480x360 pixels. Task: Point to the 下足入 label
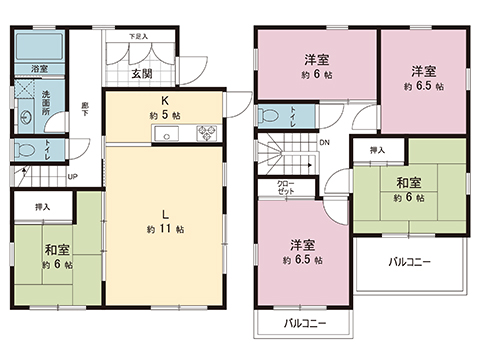coord(138,37)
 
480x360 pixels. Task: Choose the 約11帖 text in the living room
coord(162,229)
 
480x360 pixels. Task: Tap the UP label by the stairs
coord(72,178)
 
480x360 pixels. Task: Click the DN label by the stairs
coord(324,142)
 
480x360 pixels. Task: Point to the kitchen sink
coord(168,134)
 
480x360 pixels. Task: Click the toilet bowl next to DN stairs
coord(267,117)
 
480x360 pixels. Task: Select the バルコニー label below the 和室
coord(409,261)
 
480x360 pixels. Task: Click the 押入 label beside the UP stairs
coord(41,207)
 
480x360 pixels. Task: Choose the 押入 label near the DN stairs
coord(376,150)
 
